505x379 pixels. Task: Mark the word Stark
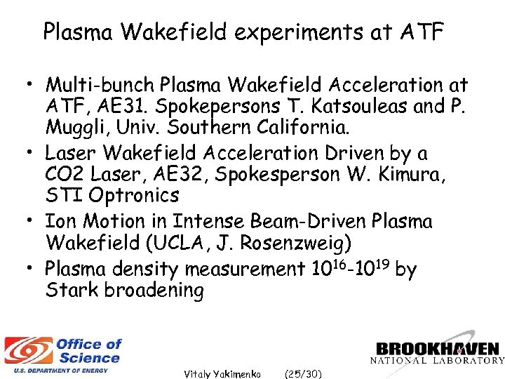tap(72, 290)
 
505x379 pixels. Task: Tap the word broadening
tap(154, 290)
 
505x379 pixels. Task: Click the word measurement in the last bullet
tap(243, 268)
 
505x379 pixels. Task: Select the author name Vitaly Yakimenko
tap(222, 374)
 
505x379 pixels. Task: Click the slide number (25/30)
tap(303, 374)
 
